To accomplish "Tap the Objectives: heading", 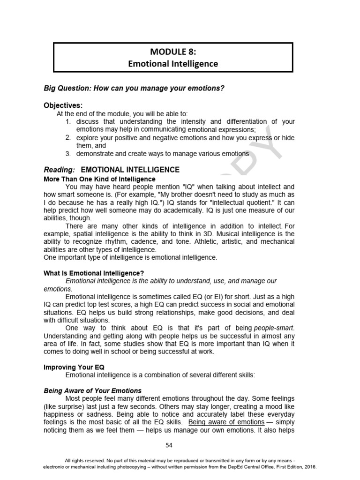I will pos(63,105).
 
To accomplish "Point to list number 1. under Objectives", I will pos(68,121).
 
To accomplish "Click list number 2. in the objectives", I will pos(68,137).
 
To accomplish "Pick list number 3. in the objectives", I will pos(68,153).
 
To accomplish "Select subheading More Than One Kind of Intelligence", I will pos(99,179).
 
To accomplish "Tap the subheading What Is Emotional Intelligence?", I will pos(94,273).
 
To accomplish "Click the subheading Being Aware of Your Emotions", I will pos(92,390).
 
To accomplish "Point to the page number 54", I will pos(169,445).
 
